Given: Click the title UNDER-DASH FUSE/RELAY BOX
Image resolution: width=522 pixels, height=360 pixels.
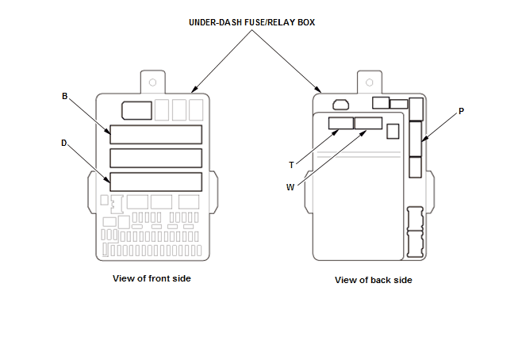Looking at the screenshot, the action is (251, 22).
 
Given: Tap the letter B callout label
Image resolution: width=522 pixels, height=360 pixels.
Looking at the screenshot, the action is (64, 96).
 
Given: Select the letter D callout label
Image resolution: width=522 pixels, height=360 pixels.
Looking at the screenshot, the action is (64, 143).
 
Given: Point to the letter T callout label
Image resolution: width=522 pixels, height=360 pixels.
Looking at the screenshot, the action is (291, 165).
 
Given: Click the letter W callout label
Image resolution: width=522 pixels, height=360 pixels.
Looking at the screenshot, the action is (290, 187).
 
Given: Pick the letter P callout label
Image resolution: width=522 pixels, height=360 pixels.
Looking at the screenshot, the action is (461, 111).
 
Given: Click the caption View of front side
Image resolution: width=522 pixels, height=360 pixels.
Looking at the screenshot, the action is (152, 278).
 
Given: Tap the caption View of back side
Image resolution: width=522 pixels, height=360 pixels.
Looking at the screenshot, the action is (374, 280).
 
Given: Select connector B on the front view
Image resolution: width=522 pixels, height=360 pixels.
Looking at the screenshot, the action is (155, 135).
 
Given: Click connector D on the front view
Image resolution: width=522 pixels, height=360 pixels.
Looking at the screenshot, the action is (155, 182).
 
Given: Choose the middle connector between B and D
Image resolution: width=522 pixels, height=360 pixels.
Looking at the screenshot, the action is (155, 158).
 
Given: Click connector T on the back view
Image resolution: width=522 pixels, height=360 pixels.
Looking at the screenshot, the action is (341, 123).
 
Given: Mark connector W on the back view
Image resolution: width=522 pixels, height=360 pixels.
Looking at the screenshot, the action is (368, 123).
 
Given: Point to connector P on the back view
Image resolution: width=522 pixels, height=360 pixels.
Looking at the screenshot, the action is (415, 139).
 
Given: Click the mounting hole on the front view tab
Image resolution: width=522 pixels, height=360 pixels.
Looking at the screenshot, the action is (152, 82).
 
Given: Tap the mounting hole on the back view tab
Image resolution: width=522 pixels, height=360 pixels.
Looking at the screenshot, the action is (369, 82).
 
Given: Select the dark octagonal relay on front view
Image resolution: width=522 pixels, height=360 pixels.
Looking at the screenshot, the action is (136, 110).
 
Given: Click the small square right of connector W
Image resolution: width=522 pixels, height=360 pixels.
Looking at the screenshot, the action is (393, 132).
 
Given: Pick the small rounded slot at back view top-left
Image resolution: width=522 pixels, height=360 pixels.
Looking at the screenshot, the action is (341, 105).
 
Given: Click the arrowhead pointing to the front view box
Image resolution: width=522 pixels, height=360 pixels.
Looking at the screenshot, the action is (194, 89).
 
